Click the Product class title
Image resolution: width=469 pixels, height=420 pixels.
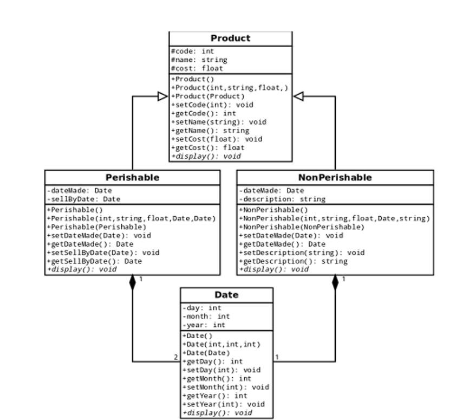coord(230,38)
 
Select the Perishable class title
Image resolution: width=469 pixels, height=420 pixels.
coord(132,178)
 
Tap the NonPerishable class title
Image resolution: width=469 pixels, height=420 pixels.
coord(335,178)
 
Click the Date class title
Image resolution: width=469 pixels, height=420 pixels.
coord(226,295)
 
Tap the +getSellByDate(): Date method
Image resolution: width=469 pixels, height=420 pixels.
coord(94,261)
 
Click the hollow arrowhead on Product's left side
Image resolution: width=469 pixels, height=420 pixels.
coord(162,96)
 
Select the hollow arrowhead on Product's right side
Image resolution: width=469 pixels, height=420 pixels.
coord(298,96)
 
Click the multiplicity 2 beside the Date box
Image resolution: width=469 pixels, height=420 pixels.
coord(175,357)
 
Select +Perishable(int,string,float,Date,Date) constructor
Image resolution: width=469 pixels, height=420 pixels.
coord(131,218)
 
